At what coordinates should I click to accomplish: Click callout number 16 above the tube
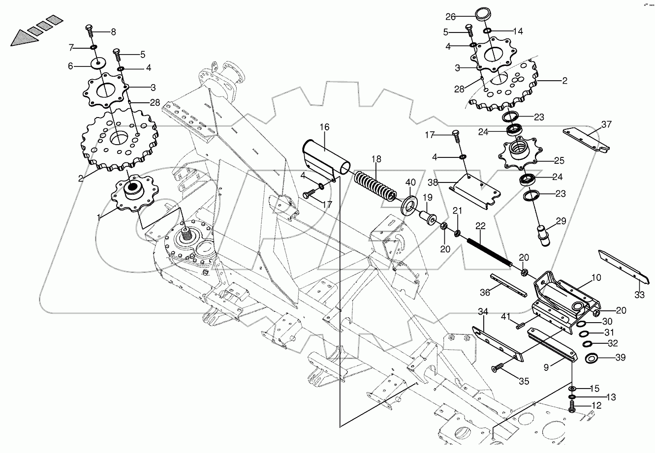[323, 127]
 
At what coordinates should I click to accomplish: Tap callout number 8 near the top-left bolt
[113, 32]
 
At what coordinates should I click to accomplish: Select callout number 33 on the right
[639, 296]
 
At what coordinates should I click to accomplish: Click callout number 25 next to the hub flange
[559, 160]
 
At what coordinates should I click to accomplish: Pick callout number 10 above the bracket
[595, 278]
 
